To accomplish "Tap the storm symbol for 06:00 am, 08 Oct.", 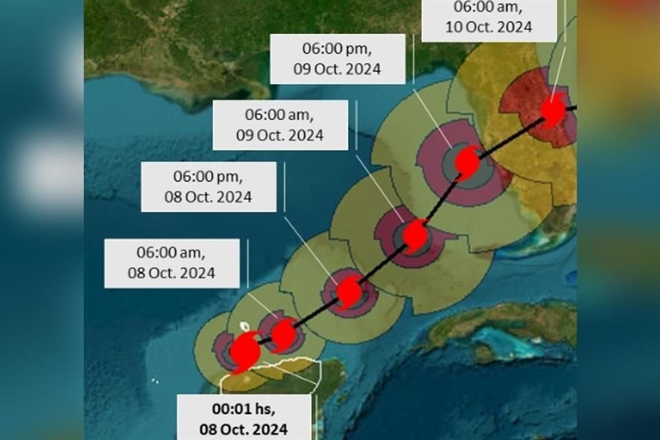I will [283, 335].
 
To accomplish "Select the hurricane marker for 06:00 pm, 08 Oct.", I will [349, 292].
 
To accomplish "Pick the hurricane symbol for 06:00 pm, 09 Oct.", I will [467, 162].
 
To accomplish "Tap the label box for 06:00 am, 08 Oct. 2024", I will [172, 263].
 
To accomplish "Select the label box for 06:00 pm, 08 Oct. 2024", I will [208, 186].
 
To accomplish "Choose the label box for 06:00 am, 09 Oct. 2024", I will [279, 124].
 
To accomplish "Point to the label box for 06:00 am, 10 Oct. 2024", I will [487, 19].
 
